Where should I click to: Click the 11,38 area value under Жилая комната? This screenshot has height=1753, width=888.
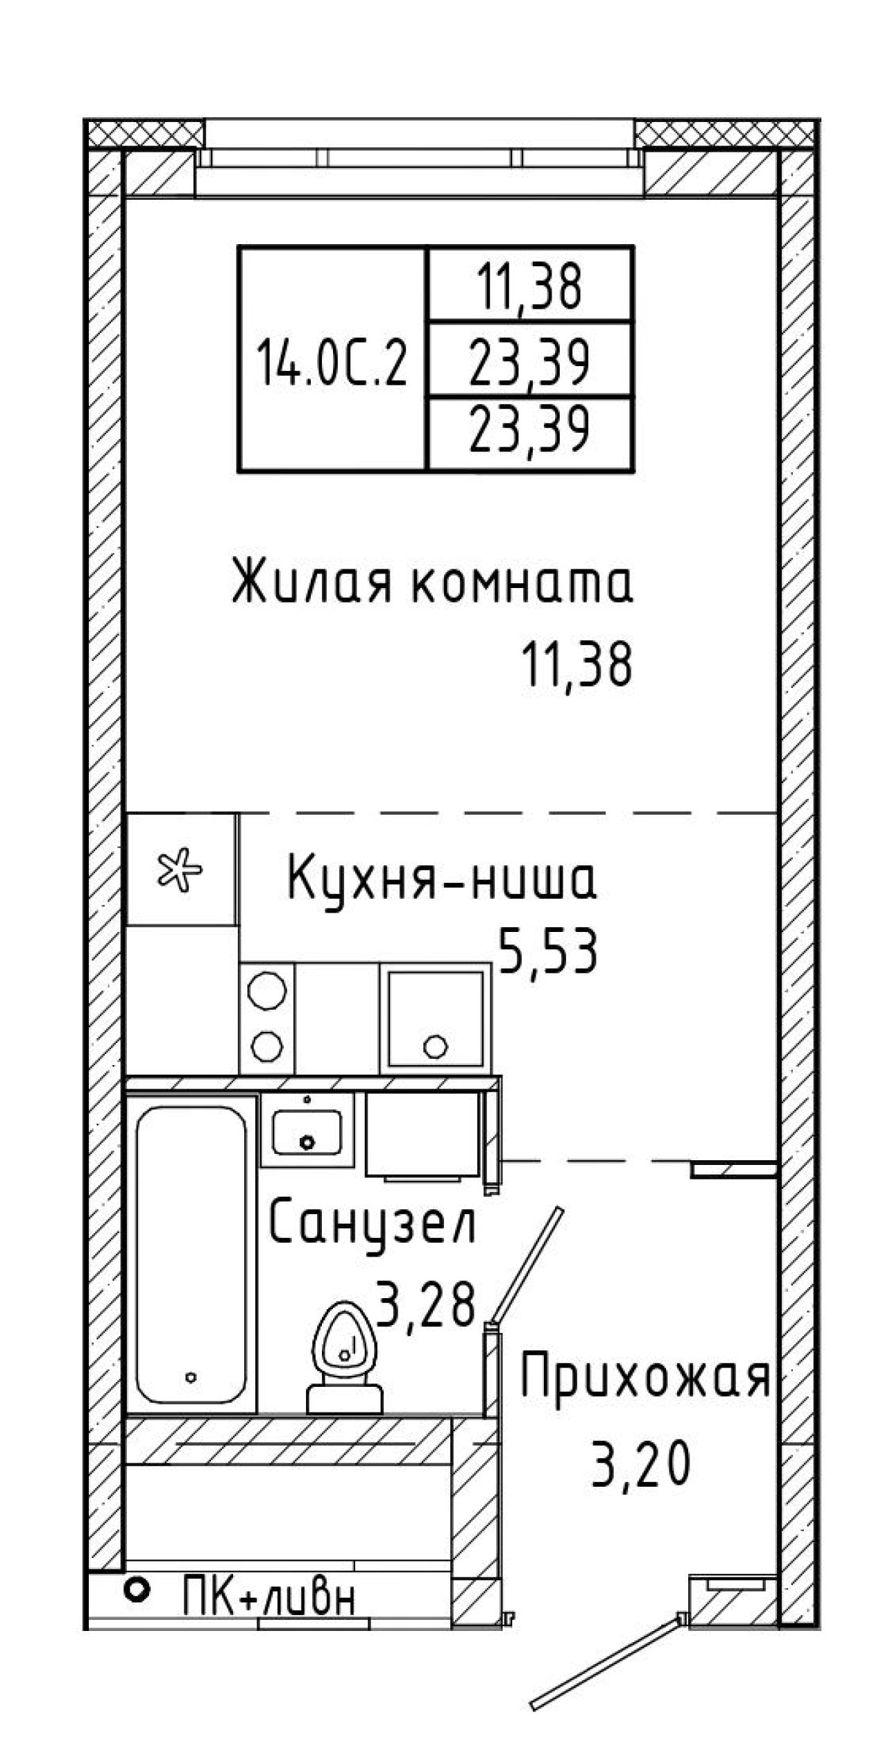579,664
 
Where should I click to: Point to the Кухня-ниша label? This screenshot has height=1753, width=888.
442,879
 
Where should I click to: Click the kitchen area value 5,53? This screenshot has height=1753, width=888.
547,952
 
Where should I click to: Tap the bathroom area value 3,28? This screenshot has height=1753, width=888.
425,1304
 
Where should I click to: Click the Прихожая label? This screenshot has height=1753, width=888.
645,1379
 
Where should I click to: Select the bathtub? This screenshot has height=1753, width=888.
191,1255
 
